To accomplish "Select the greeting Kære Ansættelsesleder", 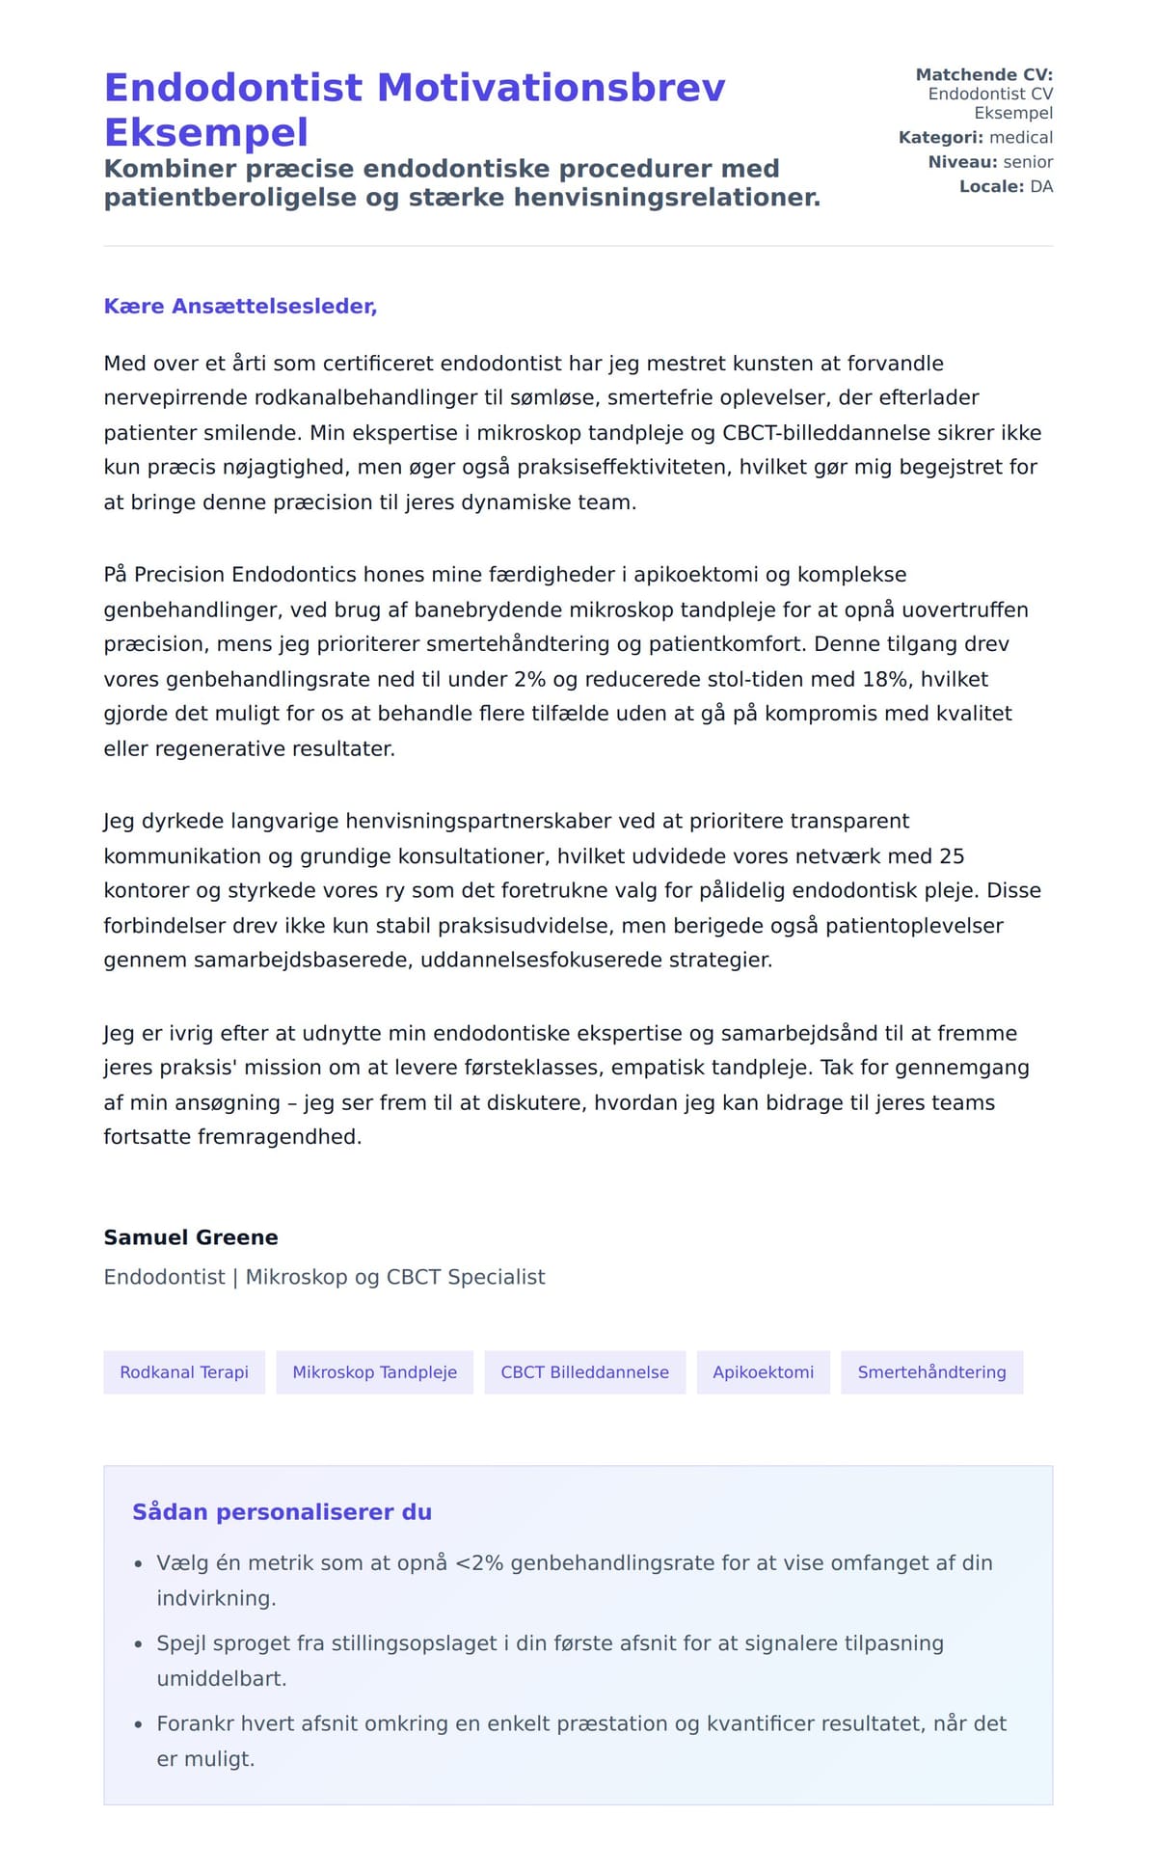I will coord(240,307).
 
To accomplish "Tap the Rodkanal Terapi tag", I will coord(184,1372).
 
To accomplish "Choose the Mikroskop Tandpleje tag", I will coord(374,1372).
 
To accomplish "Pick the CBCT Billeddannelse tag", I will coord(584,1372).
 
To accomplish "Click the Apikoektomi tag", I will coord(763,1372).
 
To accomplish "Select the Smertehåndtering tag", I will coord(931,1372).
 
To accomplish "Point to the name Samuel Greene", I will coord(191,1237).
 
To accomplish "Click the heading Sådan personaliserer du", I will coord(282,1512).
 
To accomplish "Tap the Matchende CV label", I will coord(983,75).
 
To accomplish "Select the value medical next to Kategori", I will coord(1021,138).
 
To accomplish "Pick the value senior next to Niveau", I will coord(1028,162).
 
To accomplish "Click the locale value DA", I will coord(1041,187).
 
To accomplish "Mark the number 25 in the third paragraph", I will coord(952,856).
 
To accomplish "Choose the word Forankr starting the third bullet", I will coord(196,1723).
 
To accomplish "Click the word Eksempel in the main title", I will coord(206,132).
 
